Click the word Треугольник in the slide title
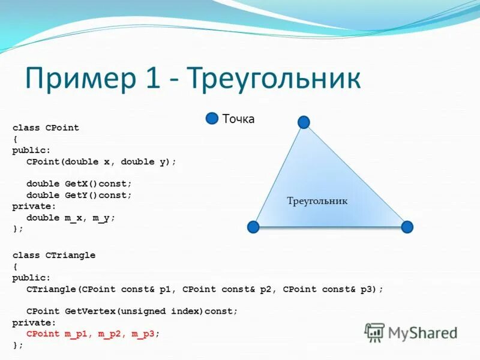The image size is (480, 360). [x=274, y=79]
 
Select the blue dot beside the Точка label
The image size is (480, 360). [x=212, y=118]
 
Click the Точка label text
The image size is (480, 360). [x=238, y=119]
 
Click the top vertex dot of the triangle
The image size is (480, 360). [x=304, y=122]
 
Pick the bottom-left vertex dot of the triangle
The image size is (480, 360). [x=253, y=227]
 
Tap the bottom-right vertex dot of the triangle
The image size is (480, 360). [x=407, y=227]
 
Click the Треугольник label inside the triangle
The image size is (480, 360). [x=317, y=201]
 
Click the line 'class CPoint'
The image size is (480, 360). [x=46, y=128]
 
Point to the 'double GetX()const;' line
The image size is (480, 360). [x=79, y=184]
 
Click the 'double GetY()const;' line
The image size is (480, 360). [x=79, y=196]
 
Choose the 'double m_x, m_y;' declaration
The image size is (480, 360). [x=70, y=218]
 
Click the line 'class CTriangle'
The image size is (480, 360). [x=54, y=256]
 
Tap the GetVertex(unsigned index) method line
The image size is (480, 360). [x=132, y=311]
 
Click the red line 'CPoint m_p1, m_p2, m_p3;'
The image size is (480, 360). [x=93, y=334]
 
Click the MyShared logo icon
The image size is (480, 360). [x=375, y=332]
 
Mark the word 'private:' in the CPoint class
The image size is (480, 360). [x=31, y=206]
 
